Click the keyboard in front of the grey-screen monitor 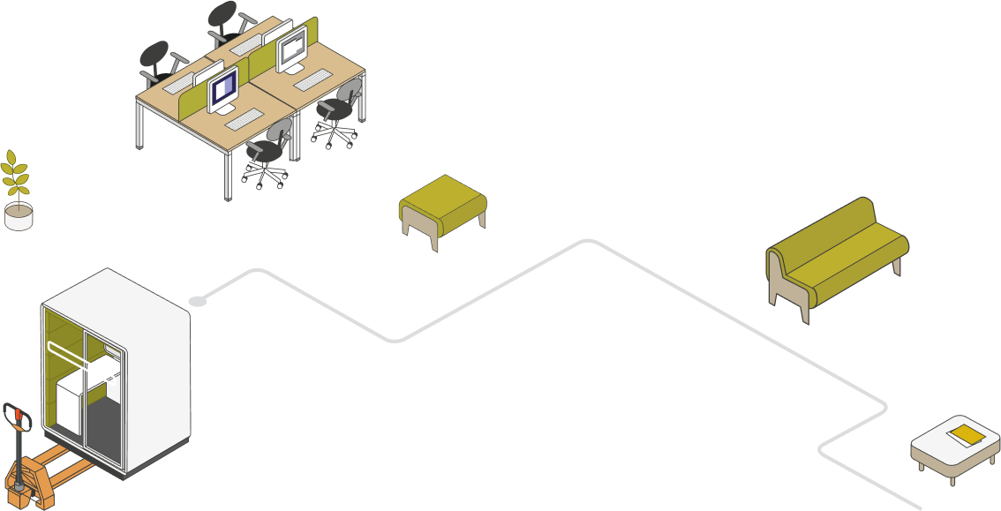(312, 80)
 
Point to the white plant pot (19, 217)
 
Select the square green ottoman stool (442, 199)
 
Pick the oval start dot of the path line (199, 301)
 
